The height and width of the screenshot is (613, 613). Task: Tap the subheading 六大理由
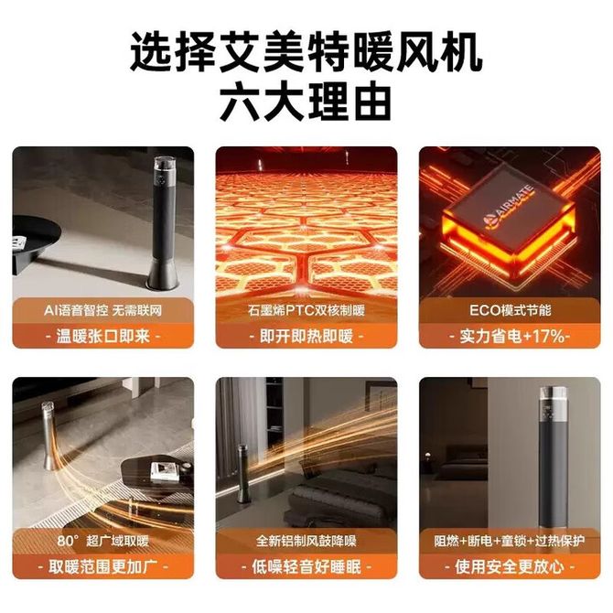306,102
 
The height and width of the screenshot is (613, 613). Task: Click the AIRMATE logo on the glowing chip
507,207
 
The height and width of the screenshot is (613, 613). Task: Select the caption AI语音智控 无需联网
102,311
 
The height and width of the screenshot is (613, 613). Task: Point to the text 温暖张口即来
102,336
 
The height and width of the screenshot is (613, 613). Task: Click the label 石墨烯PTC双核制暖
306,311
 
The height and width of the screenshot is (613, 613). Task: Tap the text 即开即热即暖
306,336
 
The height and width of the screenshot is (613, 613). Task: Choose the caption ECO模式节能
511,311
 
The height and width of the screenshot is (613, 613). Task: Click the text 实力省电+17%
510,336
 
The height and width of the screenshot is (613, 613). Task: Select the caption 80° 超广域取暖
102,541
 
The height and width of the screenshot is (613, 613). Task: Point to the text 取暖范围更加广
102,566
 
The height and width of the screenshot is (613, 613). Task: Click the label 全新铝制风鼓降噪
306,541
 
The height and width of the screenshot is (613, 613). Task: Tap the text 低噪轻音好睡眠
306,566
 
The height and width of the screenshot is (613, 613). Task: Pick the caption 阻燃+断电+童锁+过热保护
510,541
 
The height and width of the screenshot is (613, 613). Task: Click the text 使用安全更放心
510,566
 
